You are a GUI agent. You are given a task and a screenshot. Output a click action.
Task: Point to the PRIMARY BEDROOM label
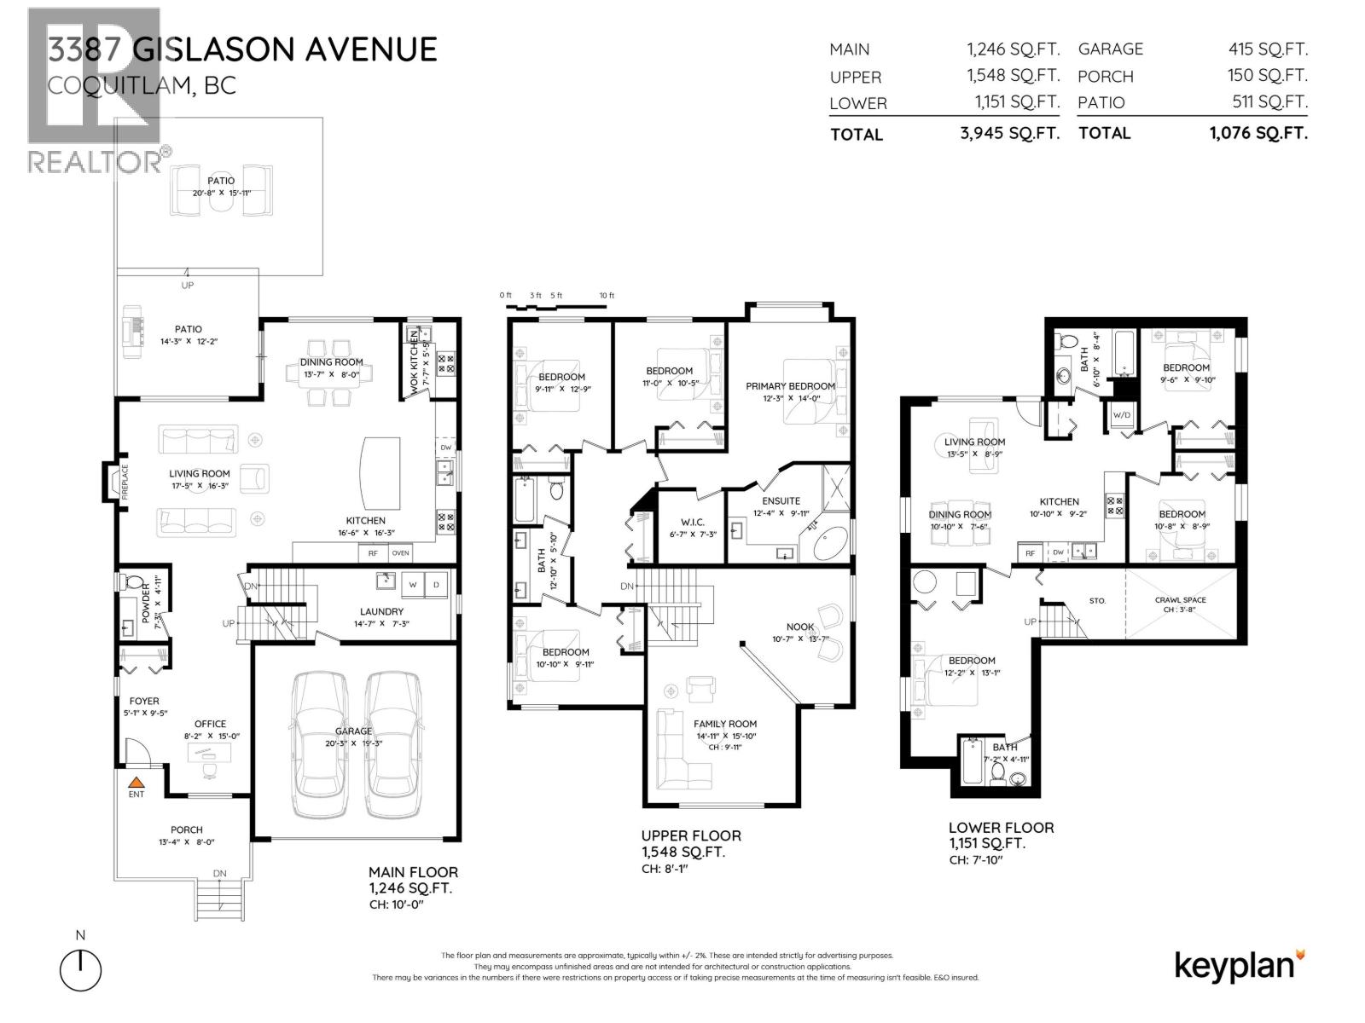(790, 386)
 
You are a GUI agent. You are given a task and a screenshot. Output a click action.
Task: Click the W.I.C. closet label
(693, 522)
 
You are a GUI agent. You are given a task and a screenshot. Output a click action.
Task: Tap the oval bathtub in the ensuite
(829, 543)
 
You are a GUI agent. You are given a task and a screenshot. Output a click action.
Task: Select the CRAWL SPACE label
(1181, 599)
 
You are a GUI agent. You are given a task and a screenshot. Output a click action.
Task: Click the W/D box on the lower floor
(1120, 415)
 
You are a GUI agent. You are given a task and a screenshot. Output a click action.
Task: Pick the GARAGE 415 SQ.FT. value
(1267, 49)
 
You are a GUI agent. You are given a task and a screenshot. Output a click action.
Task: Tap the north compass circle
(80, 970)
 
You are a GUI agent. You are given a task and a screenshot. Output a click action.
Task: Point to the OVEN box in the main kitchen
(400, 553)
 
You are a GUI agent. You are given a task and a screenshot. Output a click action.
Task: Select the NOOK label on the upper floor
(799, 627)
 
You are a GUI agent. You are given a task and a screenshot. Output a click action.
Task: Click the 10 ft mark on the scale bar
(606, 296)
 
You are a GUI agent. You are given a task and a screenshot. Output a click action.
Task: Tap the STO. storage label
(1097, 601)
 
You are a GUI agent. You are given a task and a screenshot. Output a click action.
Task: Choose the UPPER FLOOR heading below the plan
(691, 835)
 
